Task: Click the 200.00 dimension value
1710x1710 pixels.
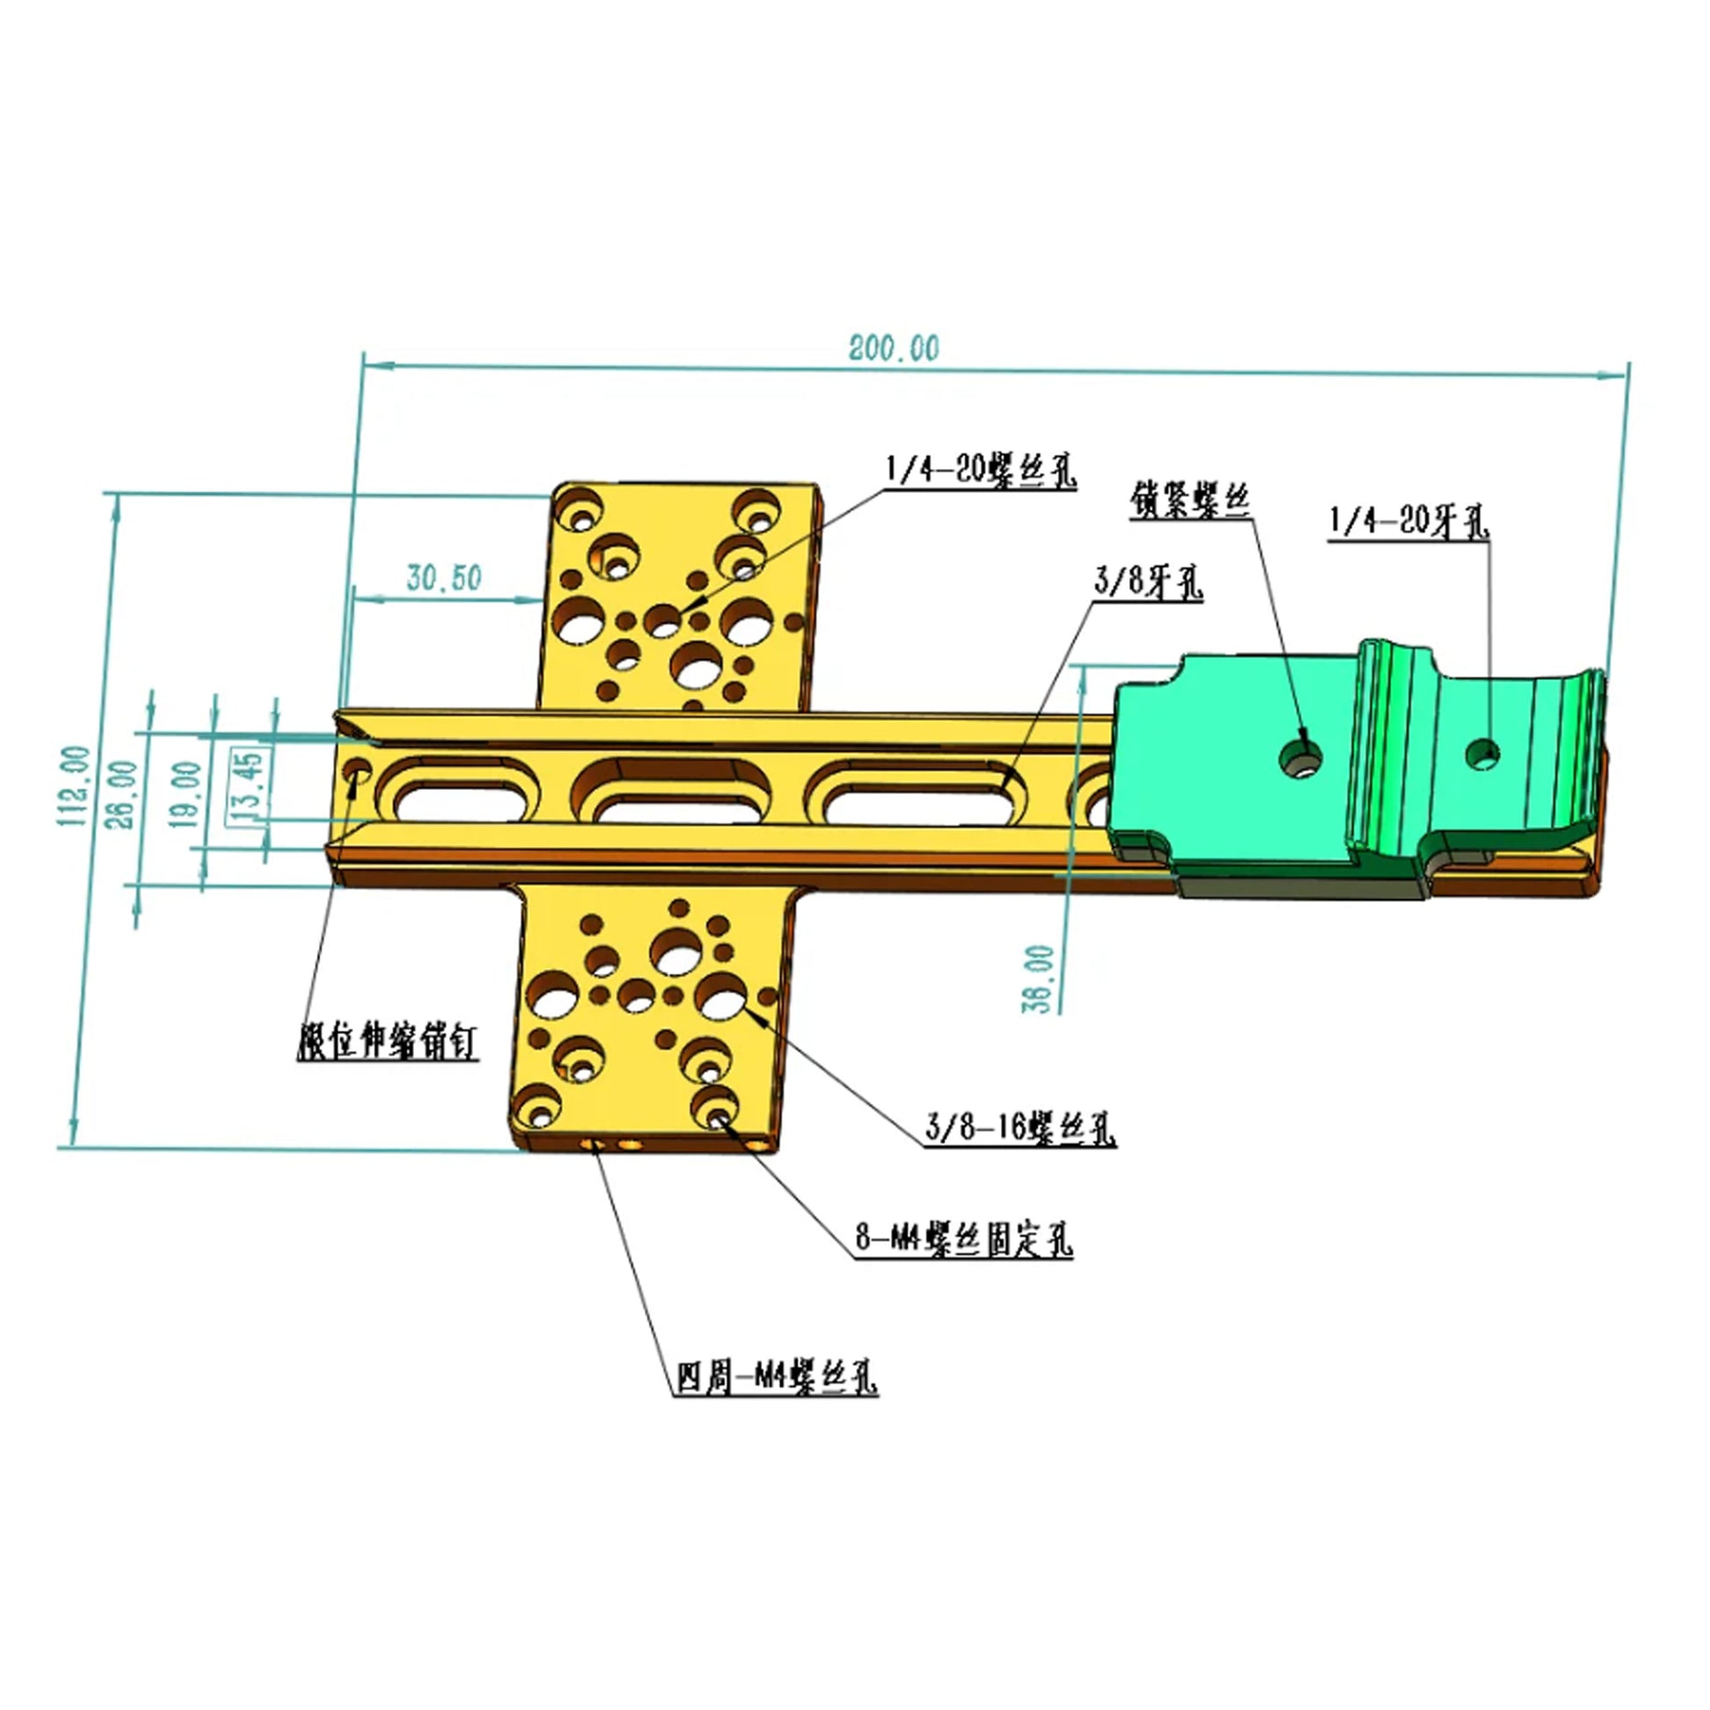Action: tap(894, 348)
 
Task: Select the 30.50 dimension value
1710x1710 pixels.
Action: tap(445, 578)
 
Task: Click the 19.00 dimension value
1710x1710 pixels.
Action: tap(187, 794)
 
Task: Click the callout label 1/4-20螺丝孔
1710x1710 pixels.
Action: tap(981, 471)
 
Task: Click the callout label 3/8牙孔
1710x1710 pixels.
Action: tap(1148, 583)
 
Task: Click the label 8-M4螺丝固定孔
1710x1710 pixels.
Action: tap(964, 1240)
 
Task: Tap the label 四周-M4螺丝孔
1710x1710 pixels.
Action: tap(776, 1378)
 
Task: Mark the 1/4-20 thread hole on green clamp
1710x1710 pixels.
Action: tap(1482, 754)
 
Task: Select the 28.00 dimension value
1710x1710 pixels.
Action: tap(127, 794)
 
